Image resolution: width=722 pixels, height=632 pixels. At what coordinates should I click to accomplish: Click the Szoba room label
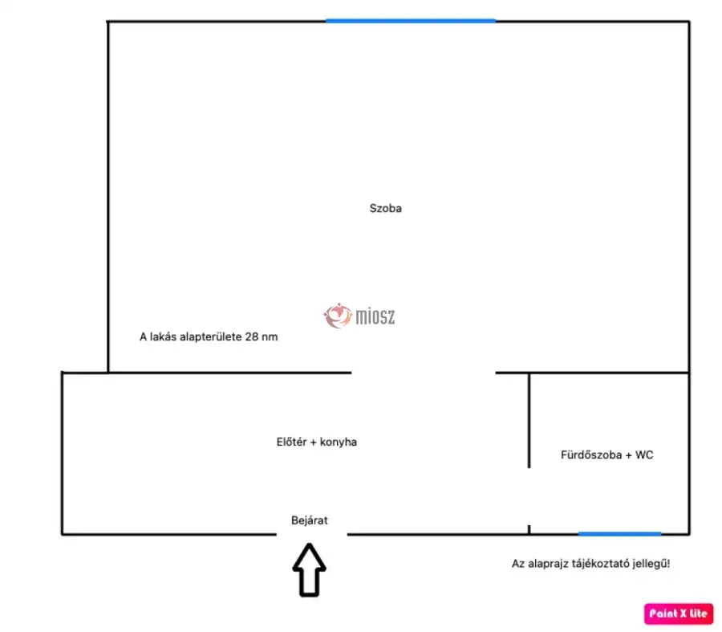(385, 208)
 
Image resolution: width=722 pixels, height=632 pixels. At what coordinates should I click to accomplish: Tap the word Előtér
(291, 442)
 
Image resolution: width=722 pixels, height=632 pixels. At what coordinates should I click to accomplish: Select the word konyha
(339, 442)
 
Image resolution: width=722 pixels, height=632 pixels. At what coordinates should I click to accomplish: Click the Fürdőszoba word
(591, 455)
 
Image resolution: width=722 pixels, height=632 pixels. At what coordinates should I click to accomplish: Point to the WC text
(644, 455)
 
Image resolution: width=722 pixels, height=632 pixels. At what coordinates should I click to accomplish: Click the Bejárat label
(310, 520)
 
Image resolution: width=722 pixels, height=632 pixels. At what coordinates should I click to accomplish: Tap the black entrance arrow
(310, 570)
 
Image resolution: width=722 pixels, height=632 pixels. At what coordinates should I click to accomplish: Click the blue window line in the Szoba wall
(410, 21)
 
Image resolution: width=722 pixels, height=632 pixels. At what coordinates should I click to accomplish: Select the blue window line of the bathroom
(620, 534)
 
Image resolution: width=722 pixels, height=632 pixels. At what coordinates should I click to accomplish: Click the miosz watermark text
(375, 316)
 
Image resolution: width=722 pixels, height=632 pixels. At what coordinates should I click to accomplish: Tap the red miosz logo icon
(338, 316)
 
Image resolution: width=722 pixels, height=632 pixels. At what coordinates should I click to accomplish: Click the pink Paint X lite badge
(679, 614)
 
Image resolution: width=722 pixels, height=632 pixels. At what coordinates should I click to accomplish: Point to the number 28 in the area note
(251, 337)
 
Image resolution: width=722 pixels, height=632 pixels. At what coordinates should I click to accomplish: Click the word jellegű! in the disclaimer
(651, 564)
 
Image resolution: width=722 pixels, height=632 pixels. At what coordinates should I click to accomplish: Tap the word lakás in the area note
(163, 337)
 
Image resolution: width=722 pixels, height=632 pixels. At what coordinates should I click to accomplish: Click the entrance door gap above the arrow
(312, 534)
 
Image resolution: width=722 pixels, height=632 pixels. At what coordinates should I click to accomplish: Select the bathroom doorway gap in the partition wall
(529, 496)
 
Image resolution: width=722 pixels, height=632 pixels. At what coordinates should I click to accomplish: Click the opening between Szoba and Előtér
(423, 373)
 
